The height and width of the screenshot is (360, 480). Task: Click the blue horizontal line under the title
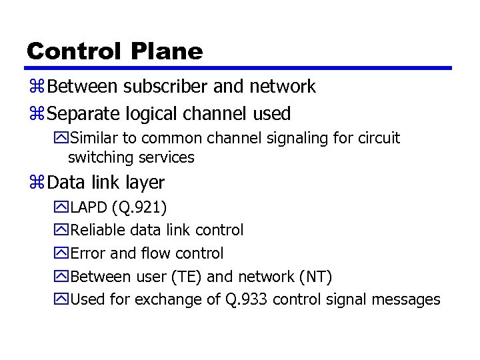click(x=239, y=68)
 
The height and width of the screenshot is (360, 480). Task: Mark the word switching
click(x=101, y=158)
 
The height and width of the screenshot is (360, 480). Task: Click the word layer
click(x=143, y=182)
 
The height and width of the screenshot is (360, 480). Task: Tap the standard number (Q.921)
click(x=139, y=207)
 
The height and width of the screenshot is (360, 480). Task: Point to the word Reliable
click(x=96, y=230)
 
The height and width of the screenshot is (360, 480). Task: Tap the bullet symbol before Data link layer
click(x=37, y=182)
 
